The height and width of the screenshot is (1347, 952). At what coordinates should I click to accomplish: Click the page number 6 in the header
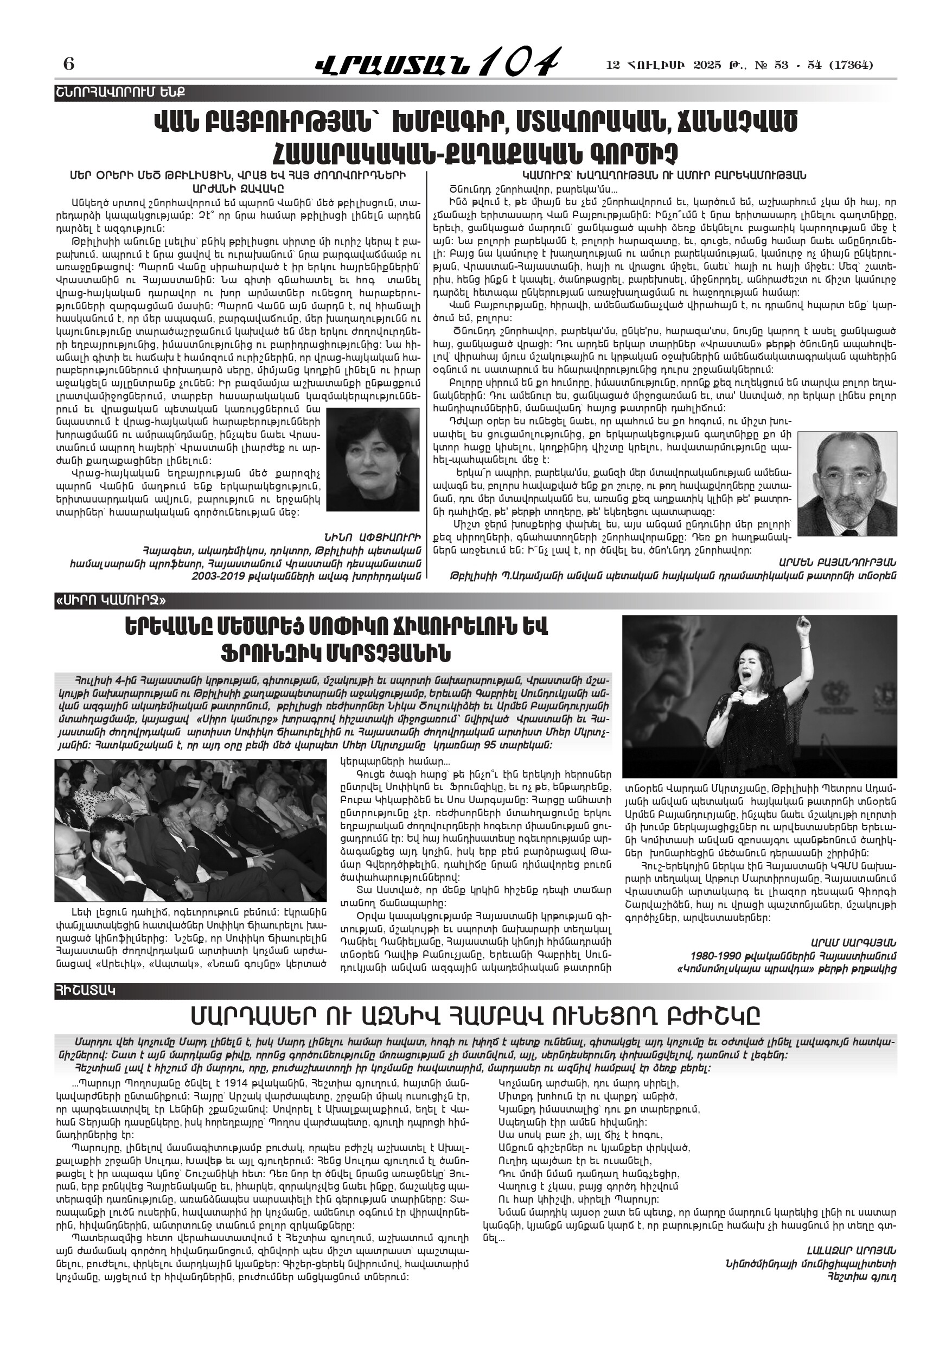coord(69,64)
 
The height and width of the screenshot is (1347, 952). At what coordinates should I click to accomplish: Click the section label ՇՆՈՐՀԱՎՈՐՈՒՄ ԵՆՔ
coord(120,93)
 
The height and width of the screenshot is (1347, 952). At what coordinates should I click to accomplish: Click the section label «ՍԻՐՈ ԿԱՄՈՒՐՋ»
coord(111,600)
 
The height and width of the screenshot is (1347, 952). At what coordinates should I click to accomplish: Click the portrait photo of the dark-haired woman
coord(373,459)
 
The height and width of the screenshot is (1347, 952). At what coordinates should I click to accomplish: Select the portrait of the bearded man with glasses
coord(846,475)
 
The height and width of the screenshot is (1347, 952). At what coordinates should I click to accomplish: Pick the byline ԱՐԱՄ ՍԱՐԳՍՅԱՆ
coord(853,942)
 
